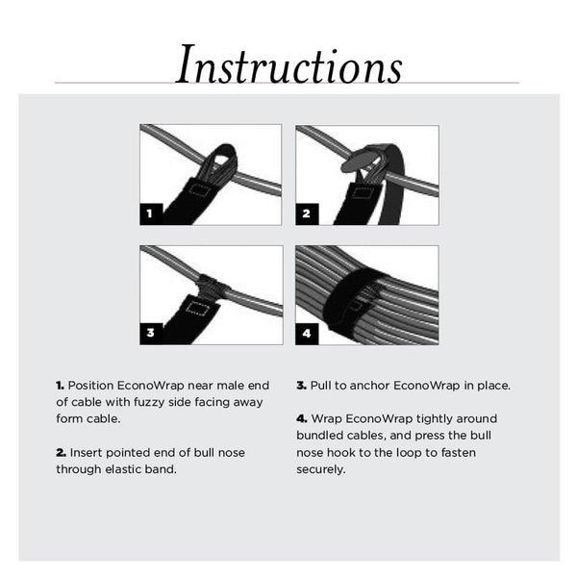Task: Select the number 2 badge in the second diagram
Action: pyautogui.click(x=307, y=213)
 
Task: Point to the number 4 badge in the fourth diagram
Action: pyautogui.click(x=307, y=333)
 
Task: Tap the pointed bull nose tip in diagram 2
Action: pyautogui.click(x=348, y=165)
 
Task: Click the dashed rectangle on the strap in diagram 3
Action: pyautogui.click(x=198, y=310)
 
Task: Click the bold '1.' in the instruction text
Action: pyautogui.click(x=60, y=386)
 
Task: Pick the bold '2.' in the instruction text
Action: pyautogui.click(x=61, y=453)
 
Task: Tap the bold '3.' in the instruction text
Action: pyautogui.click(x=301, y=386)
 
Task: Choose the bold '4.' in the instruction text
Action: pyautogui.click(x=301, y=419)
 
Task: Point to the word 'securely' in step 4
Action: pyautogui.click(x=321, y=469)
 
